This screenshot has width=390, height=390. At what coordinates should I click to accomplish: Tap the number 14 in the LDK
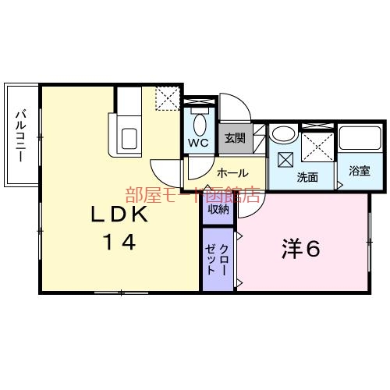[x=117, y=242]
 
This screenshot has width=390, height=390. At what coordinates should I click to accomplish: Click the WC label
[x=197, y=144]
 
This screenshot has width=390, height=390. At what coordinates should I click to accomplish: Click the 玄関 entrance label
[x=235, y=138]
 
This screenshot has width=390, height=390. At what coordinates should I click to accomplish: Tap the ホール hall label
[x=232, y=172]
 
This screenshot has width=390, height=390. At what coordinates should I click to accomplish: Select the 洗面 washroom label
[x=307, y=177]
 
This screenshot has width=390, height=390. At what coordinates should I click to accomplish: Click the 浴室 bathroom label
[x=360, y=170]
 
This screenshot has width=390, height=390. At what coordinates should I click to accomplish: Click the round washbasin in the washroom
[x=282, y=134]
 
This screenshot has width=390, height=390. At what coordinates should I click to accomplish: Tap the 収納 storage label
[x=218, y=208]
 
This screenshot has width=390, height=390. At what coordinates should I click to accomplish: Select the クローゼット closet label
[x=218, y=258]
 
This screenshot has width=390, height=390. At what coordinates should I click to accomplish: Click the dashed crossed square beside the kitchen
[x=167, y=100]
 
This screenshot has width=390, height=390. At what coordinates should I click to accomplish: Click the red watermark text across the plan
[x=192, y=194]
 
